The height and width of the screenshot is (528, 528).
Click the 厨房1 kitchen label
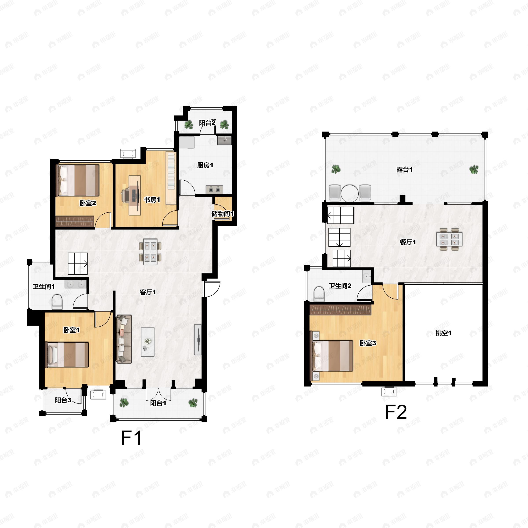[205, 165]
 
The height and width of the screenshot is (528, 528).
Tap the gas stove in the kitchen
[214, 189]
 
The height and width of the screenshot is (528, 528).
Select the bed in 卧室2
[77, 180]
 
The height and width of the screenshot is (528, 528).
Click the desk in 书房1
[135, 195]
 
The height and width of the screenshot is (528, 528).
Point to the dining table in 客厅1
[150, 251]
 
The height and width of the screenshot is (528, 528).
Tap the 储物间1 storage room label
[222, 213]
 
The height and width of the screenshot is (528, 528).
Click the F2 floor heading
[396, 412]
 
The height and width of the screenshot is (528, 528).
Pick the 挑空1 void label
[443, 333]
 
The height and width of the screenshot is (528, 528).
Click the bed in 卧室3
[331, 356]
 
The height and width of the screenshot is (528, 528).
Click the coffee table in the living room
[148, 342]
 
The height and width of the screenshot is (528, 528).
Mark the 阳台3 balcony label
[63, 400]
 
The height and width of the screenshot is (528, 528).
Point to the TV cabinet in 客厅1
[198, 340]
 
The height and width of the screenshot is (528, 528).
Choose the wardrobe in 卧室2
[75, 221]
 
